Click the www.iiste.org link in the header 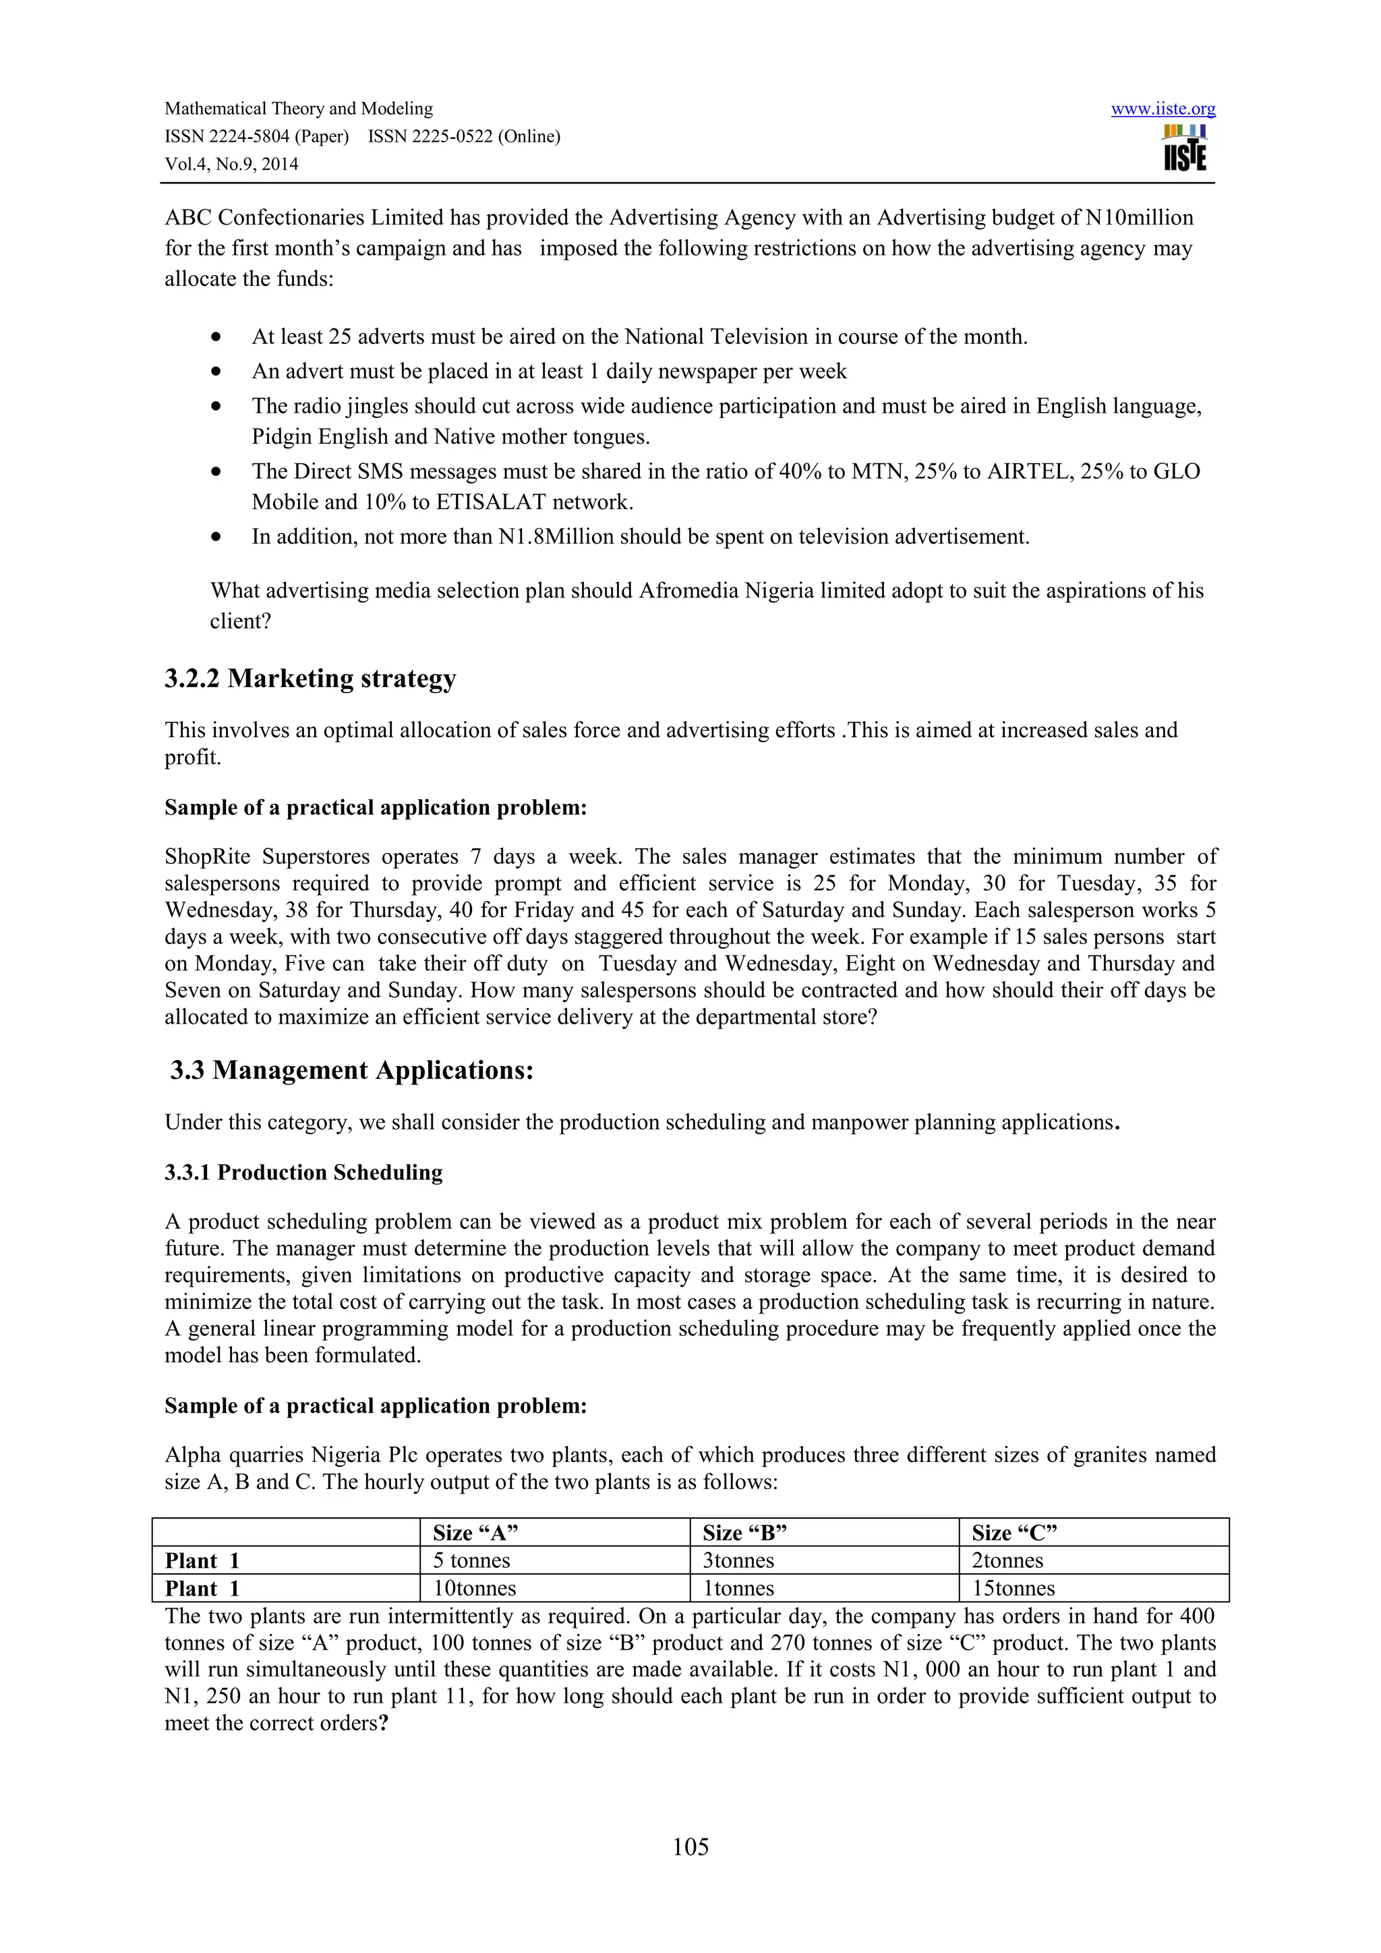pyautogui.click(x=1163, y=109)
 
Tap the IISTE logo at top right pyautogui.click(x=1185, y=149)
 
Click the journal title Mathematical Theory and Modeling pyautogui.click(x=299, y=109)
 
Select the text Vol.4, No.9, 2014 pyautogui.click(x=231, y=164)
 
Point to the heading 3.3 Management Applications pyautogui.click(x=351, y=1070)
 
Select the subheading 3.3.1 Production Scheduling pyautogui.click(x=303, y=1172)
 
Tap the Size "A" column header pyautogui.click(x=475, y=1533)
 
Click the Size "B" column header pyautogui.click(x=744, y=1533)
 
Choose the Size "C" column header pyautogui.click(x=1013, y=1533)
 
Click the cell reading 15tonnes pyautogui.click(x=1013, y=1589)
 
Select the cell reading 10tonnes pyautogui.click(x=475, y=1589)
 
